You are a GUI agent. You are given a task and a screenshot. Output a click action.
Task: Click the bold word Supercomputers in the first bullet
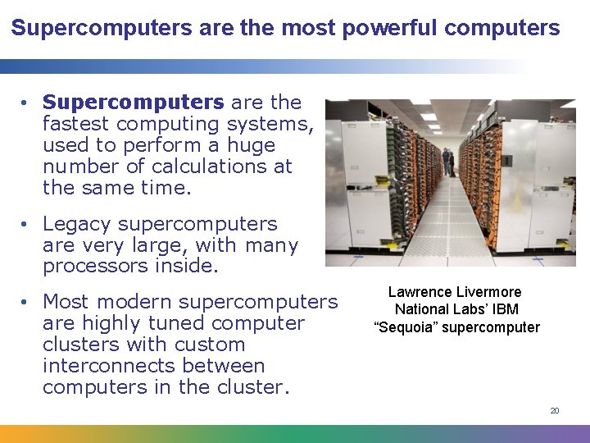point(134,103)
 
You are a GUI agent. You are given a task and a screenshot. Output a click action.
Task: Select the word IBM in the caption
point(505,309)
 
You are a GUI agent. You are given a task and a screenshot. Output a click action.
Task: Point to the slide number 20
point(555,410)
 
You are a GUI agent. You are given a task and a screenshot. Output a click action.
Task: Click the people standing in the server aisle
point(447,162)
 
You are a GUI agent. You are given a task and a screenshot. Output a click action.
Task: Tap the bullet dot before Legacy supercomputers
point(27,225)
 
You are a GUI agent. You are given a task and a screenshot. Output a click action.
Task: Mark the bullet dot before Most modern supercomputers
point(27,303)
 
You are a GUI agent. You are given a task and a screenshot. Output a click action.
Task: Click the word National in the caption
point(421,309)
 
